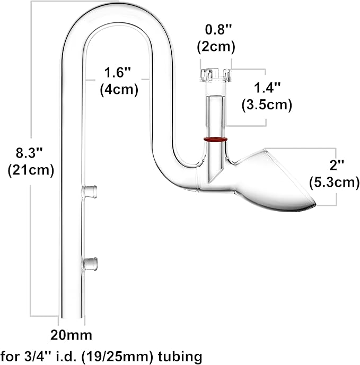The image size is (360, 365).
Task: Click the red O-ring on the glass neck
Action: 215,140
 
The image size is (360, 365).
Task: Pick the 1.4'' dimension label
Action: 266,89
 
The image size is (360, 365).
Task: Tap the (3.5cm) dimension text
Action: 266,105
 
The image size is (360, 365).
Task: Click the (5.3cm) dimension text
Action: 335,183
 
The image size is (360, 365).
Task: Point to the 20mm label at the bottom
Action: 71,335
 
